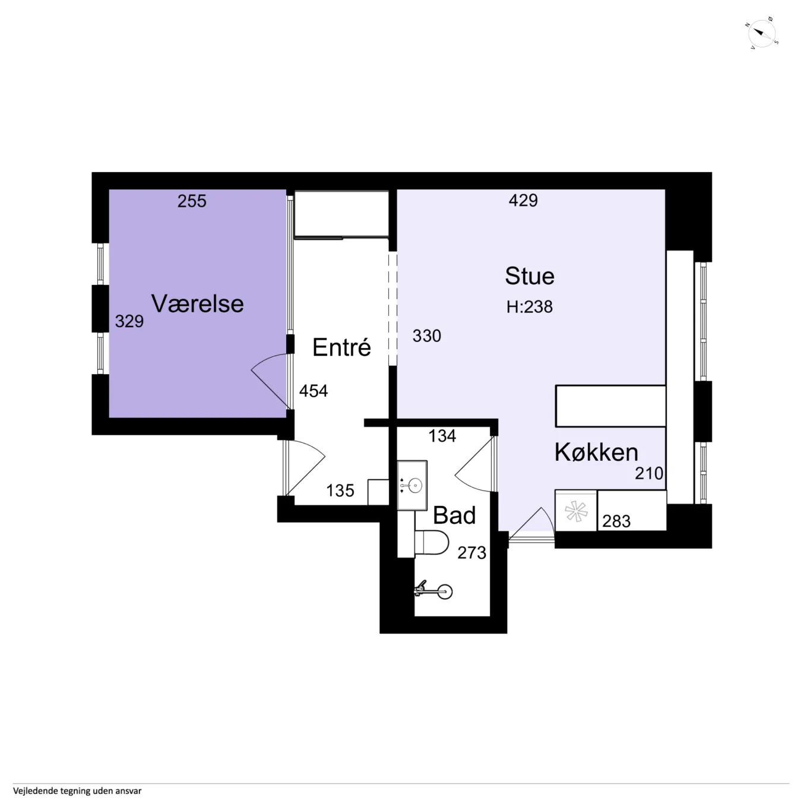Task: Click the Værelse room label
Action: pyautogui.click(x=197, y=303)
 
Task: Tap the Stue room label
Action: pyautogui.click(x=530, y=276)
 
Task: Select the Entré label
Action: pyautogui.click(x=341, y=347)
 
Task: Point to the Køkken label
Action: pyautogui.click(x=596, y=452)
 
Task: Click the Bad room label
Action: pyautogui.click(x=454, y=515)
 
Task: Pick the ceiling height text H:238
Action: pyautogui.click(x=530, y=306)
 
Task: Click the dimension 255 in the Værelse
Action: pyautogui.click(x=192, y=201)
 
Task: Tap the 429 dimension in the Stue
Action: pyautogui.click(x=523, y=200)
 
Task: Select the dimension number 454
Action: pyautogui.click(x=314, y=391)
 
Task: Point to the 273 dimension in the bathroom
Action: pyautogui.click(x=472, y=553)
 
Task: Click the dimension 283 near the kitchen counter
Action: pyautogui.click(x=616, y=521)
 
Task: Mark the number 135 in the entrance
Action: pyautogui.click(x=340, y=490)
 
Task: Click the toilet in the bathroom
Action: pyautogui.click(x=432, y=543)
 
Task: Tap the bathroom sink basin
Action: pyautogui.click(x=412, y=485)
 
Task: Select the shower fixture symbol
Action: pyautogui.click(x=434, y=590)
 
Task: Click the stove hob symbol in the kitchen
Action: pyautogui.click(x=576, y=511)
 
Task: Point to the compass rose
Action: pyautogui.click(x=761, y=33)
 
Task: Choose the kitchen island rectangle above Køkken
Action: pyautogui.click(x=610, y=406)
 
